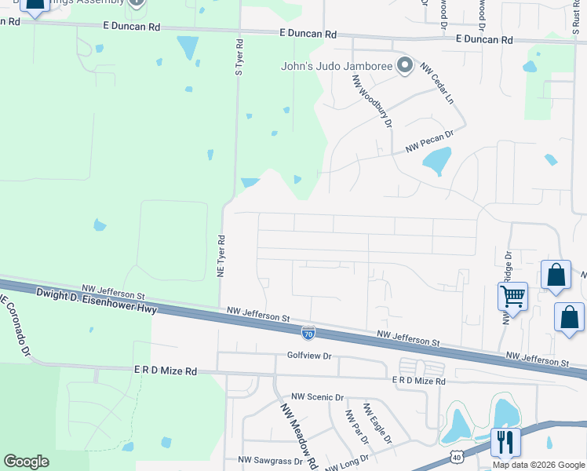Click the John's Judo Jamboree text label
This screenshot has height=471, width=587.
(337, 66)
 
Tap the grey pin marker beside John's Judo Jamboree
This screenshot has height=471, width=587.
(405, 65)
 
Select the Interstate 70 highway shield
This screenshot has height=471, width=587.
(308, 334)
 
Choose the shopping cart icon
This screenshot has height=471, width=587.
(512, 296)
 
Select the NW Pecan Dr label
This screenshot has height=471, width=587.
(429, 142)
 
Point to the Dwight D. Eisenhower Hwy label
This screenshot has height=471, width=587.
(97, 302)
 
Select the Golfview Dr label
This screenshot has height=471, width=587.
(310, 356)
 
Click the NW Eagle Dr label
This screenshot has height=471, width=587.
(377, 424)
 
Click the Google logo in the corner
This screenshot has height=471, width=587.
(26, 462)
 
